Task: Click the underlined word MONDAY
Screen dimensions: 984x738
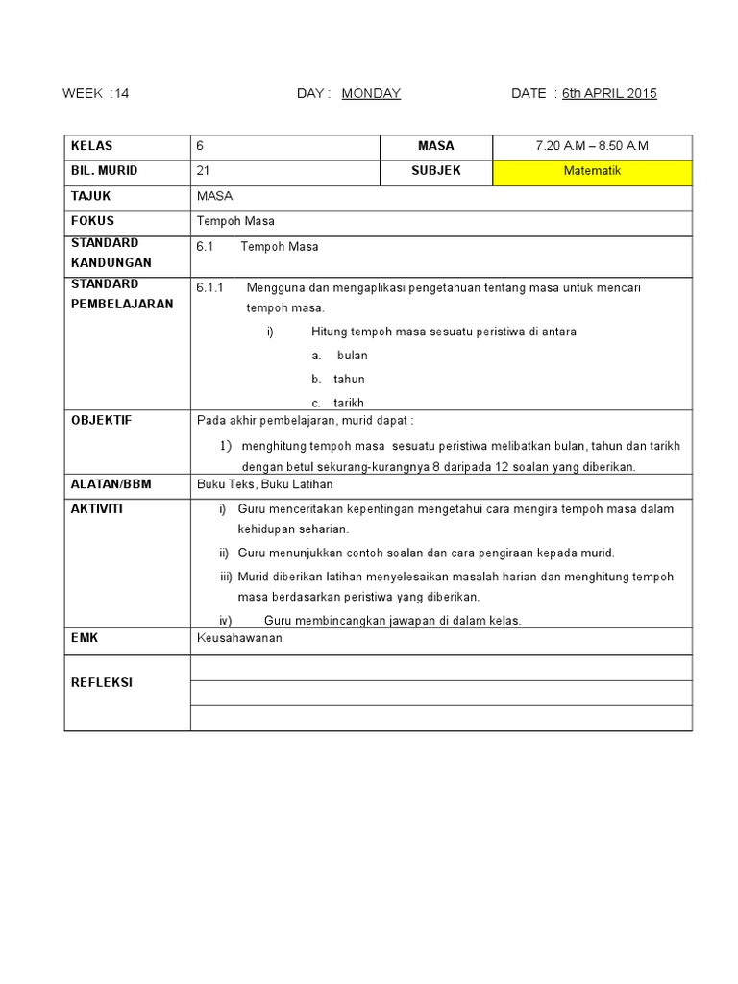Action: (371, 93)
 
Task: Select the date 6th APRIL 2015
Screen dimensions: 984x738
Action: (609, 93)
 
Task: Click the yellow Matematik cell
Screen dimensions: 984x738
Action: (592, 172)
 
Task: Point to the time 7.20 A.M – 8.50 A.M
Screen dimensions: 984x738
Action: (592, 146)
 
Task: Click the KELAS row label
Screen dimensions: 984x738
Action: (91, 146)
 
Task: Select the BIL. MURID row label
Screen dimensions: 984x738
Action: (104, 171)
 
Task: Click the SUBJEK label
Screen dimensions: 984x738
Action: (436, 171)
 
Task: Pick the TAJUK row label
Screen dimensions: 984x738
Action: (90, 196)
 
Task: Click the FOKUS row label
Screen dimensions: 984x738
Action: (91, 221)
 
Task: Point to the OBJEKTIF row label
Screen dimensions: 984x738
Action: (101, 421)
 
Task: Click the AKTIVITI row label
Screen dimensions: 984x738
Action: (96, 508)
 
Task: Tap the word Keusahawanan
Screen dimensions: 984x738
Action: (239, 638)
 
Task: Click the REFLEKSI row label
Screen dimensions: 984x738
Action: (101, 682)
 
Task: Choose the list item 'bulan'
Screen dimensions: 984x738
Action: (352, 356)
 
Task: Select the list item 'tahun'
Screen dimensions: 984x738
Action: (350, 380)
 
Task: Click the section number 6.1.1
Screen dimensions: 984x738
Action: (209, 287)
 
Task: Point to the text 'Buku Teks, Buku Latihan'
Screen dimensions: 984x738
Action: (264, 484)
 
